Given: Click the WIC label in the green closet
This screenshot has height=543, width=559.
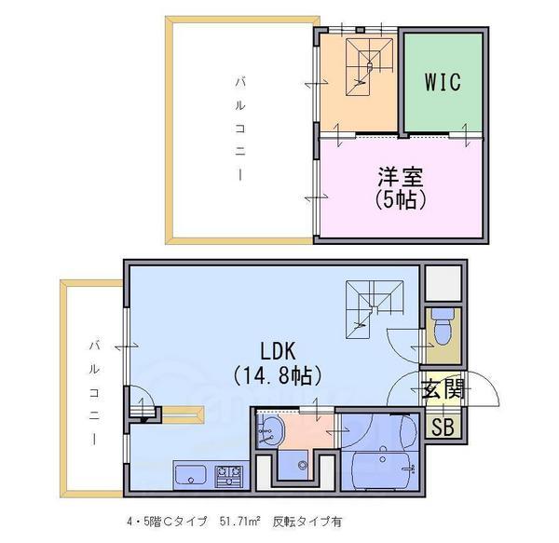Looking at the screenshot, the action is point(443,82).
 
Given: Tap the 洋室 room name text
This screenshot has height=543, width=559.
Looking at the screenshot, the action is point(401,177).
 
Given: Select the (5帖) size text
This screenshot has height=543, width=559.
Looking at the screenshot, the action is point(401,200).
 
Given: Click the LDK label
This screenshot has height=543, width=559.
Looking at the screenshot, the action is point(278,351).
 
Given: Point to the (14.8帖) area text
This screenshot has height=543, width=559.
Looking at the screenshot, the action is point(278,375).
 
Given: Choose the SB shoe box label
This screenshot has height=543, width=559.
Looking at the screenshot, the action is point(443,427).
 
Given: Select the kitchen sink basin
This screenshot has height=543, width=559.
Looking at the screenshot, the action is point(190,475).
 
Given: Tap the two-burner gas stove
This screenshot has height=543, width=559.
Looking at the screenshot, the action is point(228,475).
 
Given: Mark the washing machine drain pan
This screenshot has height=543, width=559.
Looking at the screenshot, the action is point(293,465).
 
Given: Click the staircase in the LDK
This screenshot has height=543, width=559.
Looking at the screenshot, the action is point(375,309).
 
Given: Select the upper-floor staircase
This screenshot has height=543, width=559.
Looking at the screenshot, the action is point(369,67).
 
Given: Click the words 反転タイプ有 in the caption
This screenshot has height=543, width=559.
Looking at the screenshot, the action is point(307,522).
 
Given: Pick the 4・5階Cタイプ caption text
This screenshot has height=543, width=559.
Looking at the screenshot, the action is point(167,522).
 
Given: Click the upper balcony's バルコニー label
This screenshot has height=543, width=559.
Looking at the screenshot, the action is point(240,129).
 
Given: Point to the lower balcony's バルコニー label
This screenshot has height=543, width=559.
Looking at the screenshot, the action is point(94,393).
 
